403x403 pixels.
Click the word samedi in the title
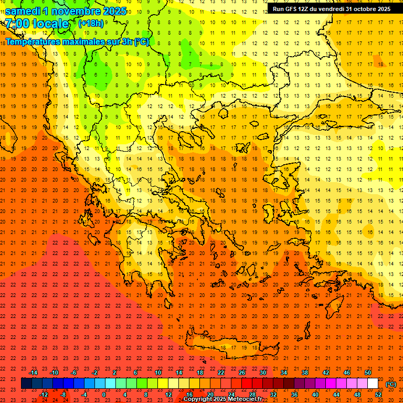23,11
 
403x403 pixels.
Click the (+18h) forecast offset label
91,24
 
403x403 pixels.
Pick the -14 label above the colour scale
33,373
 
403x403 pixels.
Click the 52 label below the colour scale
378,395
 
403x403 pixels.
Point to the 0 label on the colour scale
104,395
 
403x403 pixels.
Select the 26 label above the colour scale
242,373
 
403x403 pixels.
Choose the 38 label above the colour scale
305,373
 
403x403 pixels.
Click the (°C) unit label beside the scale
391,384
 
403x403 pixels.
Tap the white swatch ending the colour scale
373,384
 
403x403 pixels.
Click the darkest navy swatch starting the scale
26,384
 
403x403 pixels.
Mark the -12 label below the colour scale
44,395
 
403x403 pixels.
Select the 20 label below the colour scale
210,395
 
